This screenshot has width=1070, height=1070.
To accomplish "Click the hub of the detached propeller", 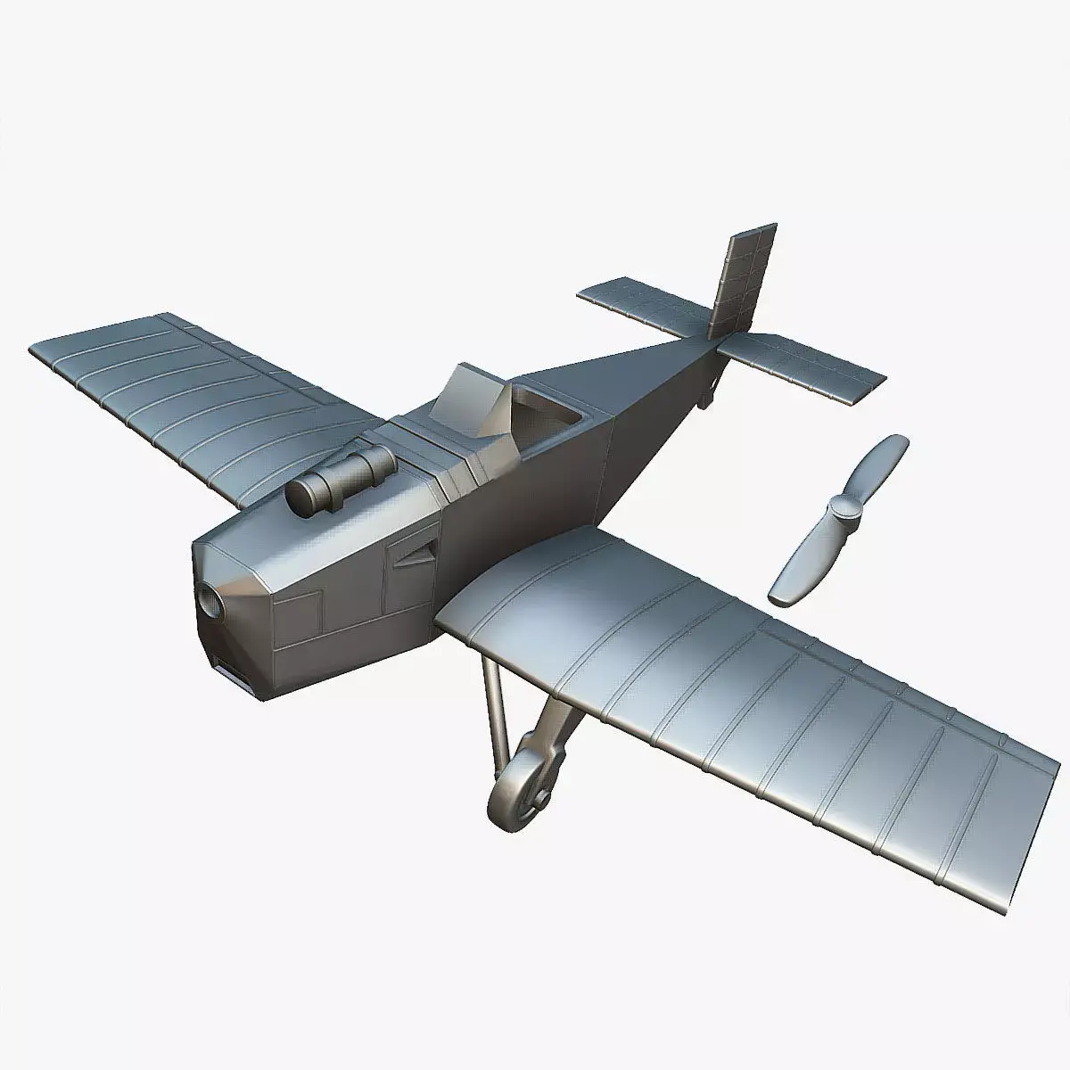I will tap(841, 510).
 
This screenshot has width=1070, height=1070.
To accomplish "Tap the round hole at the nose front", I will tap(211, 605).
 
